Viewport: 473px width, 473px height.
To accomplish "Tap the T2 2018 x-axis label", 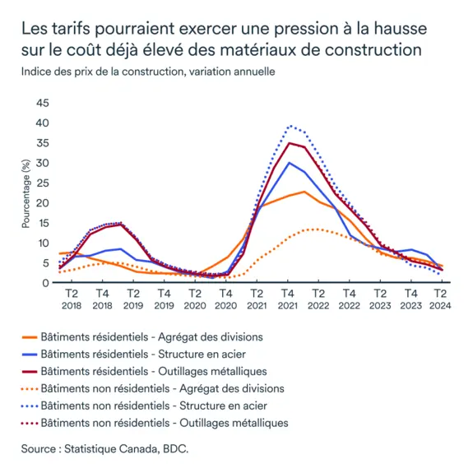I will click(71, 298).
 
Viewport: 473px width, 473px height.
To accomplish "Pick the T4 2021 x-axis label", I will click(287, 298).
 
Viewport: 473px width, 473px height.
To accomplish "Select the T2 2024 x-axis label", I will click(441, 298).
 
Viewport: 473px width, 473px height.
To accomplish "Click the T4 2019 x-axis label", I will click(164, 298).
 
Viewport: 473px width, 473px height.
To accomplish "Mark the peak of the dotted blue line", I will click(290, 126).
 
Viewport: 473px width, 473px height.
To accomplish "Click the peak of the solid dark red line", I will click(288, 143).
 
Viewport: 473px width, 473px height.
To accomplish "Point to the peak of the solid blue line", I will click(289, 163).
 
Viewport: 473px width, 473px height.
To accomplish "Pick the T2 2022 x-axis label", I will click(318, 298).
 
